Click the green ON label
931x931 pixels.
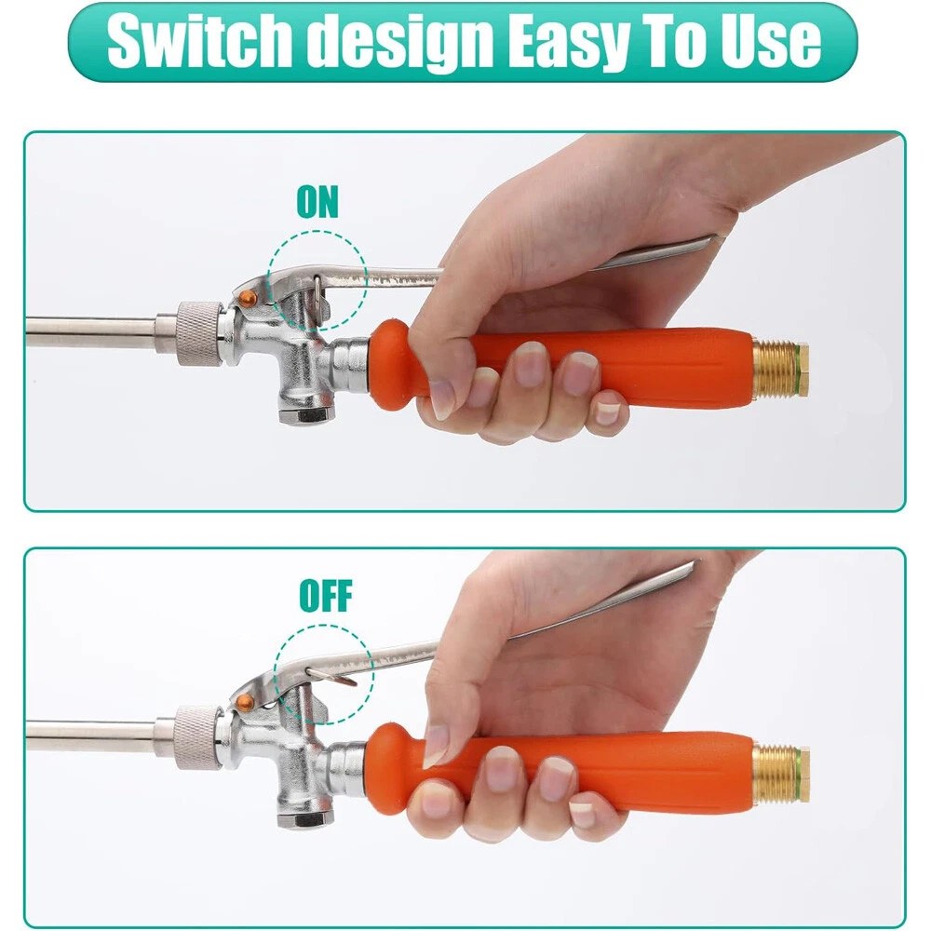pos(317,202)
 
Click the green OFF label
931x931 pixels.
pos(325,596)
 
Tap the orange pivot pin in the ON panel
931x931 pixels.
pos(248,298)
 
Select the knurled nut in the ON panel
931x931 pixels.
pos(200,333)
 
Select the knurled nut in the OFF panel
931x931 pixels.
pos(198,737)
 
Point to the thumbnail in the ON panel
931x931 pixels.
pos(441,399)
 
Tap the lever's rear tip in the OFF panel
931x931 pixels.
pos(696,561)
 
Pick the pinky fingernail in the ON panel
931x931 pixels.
pos(607,412)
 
